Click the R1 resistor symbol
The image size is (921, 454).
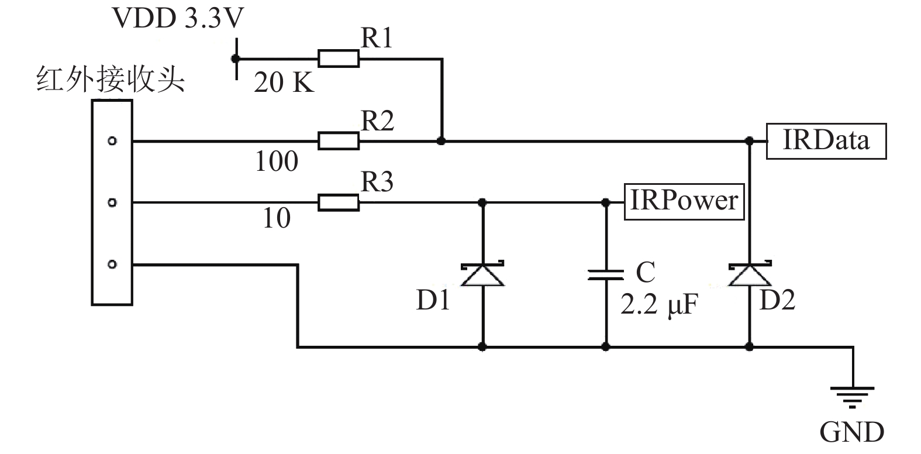[x=339, y=59]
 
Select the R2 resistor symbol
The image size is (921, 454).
[x=339, y=141]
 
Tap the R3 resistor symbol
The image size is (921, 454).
[x=339, y=202]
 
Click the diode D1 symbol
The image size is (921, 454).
[x=482, y=273]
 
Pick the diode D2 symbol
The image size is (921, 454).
[x=750, y=273]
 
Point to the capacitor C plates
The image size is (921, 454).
[x=606, y=275]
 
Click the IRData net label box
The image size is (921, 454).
[x=826, y=141]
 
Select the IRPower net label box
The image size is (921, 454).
[x=684, y=202]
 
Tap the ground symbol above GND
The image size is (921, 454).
[x=853, y=397]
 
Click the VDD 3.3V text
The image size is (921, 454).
[x=178, y=18]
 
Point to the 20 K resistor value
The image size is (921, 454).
[x=284, y=82]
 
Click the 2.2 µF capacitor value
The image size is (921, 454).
[x=659, y=305]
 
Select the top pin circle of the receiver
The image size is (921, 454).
[x=112, y=141]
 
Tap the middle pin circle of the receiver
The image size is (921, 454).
[x=112, y=202]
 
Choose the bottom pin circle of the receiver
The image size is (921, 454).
[x=112, y=264]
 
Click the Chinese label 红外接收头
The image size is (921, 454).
[x=110, y=79]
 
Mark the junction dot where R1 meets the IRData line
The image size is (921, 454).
[x=441, y=141]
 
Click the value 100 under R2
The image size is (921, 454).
[x=277, y=161]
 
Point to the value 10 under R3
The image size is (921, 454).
[x=277, y=218]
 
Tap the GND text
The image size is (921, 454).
[x=851, y=432]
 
